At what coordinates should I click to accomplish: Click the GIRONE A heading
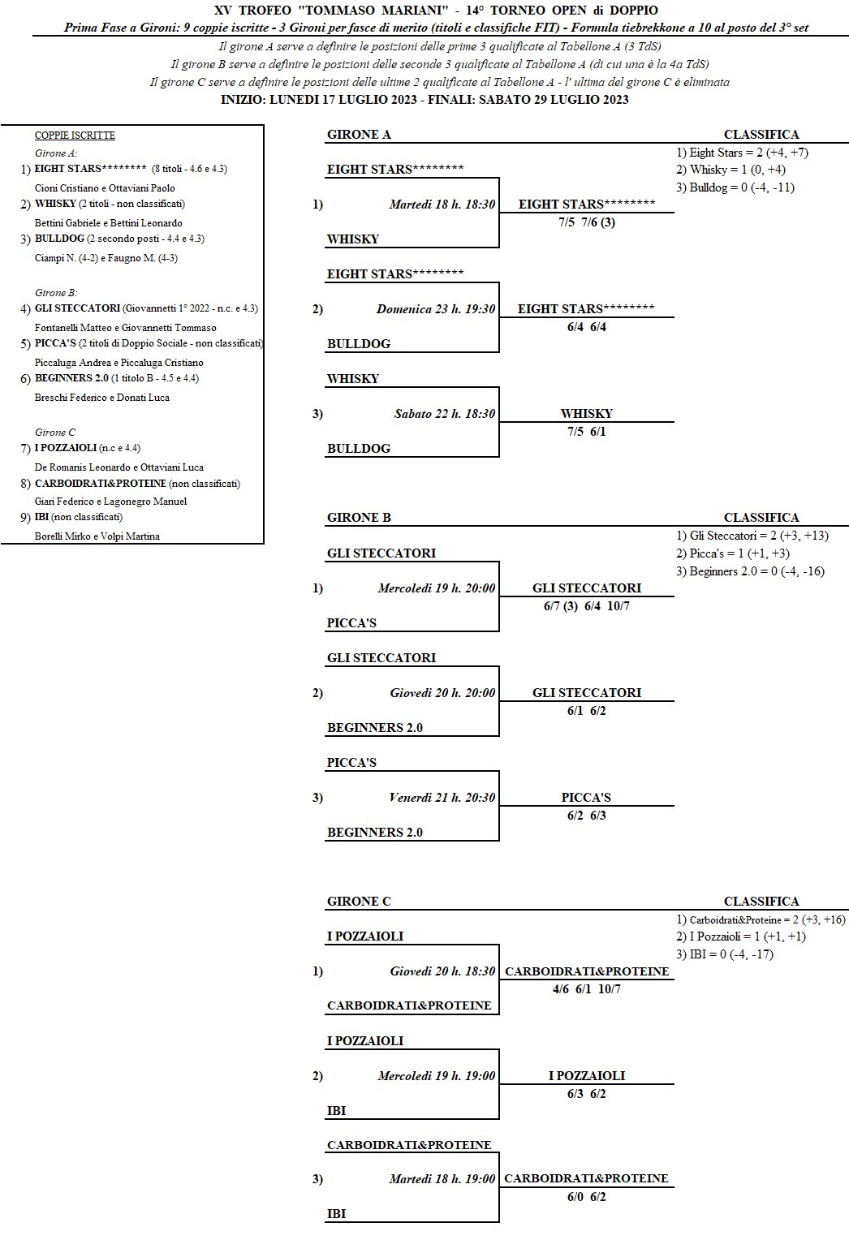tap(359, 135)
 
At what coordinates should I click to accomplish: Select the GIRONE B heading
tap(359, 517)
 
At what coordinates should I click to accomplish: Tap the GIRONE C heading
tap(359, 901)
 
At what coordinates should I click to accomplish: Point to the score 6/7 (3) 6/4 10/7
tap(586, 606)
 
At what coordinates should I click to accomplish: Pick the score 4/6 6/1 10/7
tap(586, 989)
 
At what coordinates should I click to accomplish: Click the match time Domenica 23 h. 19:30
tap(435, 309)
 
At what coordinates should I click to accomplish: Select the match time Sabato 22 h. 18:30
tap(444, 414)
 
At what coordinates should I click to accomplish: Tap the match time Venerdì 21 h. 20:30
tap(442, 798)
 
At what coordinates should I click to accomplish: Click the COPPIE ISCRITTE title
tap(75, 136)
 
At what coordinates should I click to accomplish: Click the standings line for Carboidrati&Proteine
tap(761, 919)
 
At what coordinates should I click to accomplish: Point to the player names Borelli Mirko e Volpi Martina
tap(97, 536)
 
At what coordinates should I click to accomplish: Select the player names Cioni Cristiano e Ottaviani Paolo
tap(105, 188)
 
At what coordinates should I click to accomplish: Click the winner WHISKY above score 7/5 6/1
tap(586, 414)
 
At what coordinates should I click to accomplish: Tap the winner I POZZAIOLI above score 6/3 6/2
tap(586, 1076)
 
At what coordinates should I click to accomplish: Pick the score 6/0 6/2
tap(586, 1197)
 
